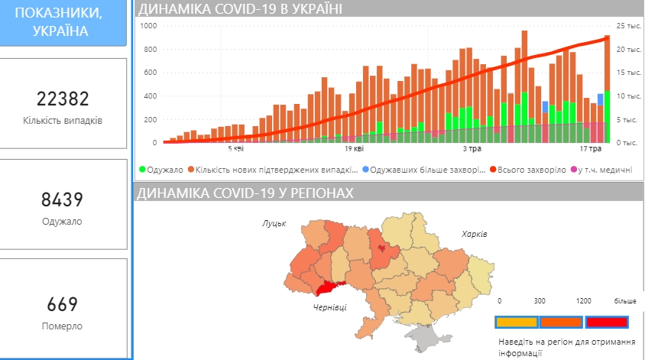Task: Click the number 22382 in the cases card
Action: click(x=63, y=99)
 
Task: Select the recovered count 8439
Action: click(x=63, y=200)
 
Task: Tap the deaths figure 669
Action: click(x=63, y=304)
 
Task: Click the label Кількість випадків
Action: click(x=63, y=121)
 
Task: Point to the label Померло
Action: click(x=63, y=326)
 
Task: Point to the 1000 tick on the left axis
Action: click(x=148, y=26)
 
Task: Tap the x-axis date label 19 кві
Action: click(x=353, y=150)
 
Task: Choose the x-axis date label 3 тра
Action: click(x=472, y=150)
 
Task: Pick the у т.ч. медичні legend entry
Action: click(x=604, y=170)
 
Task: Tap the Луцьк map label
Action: click(x=274, y=223)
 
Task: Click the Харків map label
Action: click(x=473, y=233)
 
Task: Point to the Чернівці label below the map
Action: click(x=329, y=306)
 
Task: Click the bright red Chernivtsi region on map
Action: click(x=327, y=288)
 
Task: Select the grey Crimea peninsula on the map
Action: click(x=422, y=336)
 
